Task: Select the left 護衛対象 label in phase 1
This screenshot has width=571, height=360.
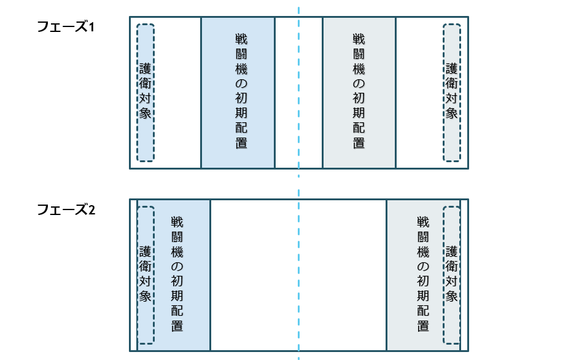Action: [145, 90]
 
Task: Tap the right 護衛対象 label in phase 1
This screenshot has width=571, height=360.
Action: [451, 90]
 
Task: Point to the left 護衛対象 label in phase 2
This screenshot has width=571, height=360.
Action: [145, 273]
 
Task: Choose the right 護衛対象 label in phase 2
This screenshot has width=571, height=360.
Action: [451, 273]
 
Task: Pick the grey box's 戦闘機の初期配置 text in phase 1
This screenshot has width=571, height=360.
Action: [359, 90]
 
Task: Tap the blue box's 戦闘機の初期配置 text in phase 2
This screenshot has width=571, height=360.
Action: [177, 273]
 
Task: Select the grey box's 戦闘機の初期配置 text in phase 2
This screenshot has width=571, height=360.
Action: [422, 273]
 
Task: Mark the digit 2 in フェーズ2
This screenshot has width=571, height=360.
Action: [91, 210]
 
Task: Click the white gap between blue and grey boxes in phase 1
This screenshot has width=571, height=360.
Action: [298, 92]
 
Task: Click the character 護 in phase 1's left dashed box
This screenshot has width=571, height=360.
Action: [145, 68]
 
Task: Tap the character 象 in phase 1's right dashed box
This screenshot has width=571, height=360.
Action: [451, 113]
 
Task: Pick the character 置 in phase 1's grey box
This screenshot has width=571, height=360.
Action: [359, 143]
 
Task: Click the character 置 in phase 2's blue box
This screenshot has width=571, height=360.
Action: [177, 326]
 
